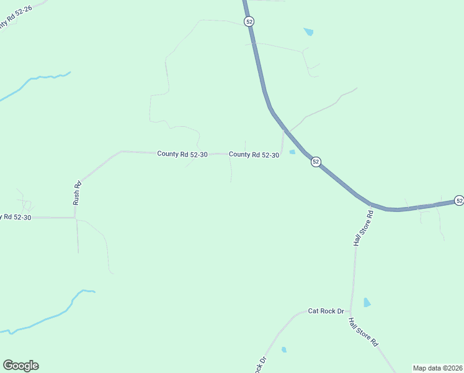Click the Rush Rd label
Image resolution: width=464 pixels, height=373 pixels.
coord(78,193)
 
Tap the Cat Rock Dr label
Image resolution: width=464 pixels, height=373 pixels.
coord(326,311)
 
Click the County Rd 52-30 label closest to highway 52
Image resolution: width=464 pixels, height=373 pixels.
coord(254,154)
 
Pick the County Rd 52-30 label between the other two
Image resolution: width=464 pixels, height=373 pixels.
coord(182,154)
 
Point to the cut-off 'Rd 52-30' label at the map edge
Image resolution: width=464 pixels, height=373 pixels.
coord(16,217)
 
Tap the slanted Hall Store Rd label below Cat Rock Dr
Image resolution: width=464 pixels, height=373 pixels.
coord(364,333)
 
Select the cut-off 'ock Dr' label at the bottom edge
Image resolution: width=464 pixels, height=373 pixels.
coord(261,364)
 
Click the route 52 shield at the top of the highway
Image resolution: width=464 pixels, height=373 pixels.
coord(249,21)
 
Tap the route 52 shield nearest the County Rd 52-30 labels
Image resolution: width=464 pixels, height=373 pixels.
coord(316,162)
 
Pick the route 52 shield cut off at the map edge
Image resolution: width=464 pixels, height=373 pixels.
coord(458,200)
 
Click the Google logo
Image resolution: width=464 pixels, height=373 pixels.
coord(20,366)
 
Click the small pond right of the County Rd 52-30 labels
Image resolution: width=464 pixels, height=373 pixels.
coord(292,152)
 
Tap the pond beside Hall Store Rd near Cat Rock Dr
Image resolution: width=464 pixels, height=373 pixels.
coord(367,303)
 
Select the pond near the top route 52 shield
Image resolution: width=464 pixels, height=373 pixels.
coord(308,31)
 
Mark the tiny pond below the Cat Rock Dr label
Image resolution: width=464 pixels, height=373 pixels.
coord(284,350)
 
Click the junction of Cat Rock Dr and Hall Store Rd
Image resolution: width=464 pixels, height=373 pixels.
coord(350,311)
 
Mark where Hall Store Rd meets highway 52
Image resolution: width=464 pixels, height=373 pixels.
coord(371,204)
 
